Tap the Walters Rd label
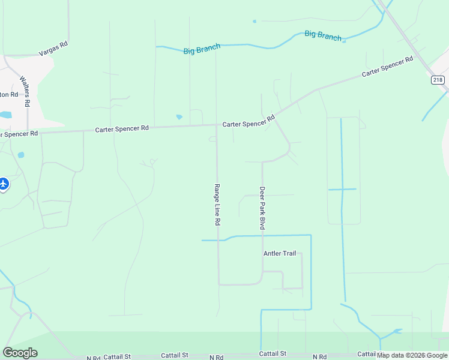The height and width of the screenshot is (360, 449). [25, 91]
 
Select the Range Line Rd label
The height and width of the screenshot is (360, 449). [217, 205]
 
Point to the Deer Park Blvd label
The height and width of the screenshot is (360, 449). [262, 208]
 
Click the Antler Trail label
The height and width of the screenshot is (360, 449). [280, 253]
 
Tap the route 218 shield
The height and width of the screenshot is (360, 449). [438, 80]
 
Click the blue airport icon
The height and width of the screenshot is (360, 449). [3, 184]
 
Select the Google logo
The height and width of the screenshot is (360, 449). [20, 352]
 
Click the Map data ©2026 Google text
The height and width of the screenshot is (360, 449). [412, 355]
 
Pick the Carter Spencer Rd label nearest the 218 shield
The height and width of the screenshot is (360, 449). [388, 66]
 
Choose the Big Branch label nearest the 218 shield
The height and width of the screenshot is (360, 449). [323, 35]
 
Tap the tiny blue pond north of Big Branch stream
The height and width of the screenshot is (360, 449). [255, 22]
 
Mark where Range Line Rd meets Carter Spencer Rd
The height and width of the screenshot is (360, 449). [217, 125]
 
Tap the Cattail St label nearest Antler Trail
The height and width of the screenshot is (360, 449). [273, 354]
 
